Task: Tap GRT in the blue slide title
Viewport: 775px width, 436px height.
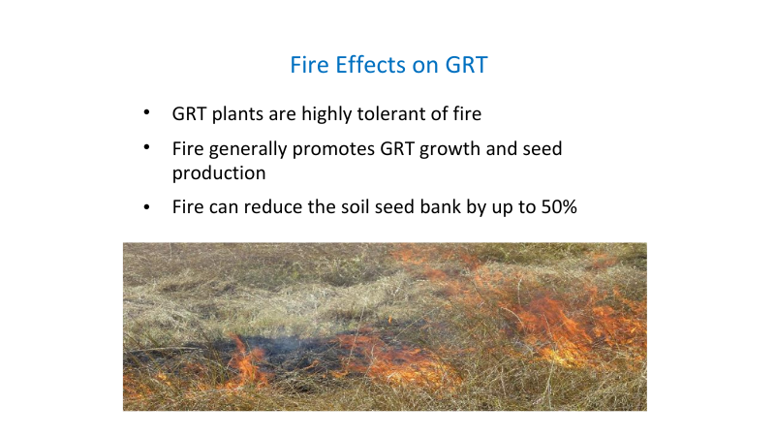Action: [x=466, y=66]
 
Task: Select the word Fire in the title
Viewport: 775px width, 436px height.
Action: [x=309, y=66]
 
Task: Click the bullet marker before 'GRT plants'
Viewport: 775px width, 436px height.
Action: [x=146, y=113]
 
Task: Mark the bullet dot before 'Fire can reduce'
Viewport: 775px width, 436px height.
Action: [x=146, y=207]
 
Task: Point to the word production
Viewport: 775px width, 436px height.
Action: [x=219, y=172]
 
